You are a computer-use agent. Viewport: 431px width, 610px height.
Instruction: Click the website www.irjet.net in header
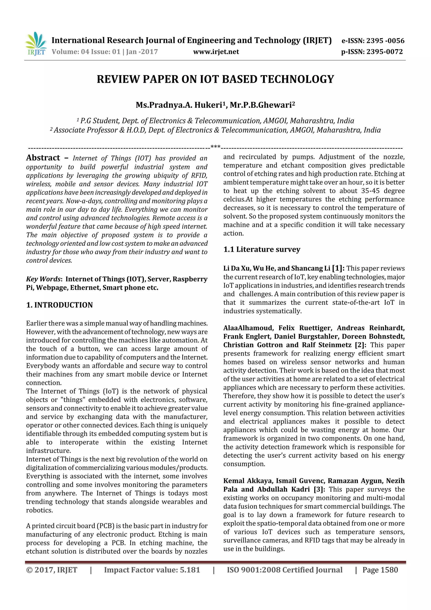(x=216, y=52)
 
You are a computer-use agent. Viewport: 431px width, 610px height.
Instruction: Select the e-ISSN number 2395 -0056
(x=385, y=41)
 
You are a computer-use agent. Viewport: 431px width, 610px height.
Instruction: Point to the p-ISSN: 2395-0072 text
(x=372, y=52)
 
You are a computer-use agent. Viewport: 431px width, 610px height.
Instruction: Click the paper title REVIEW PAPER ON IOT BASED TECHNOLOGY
(x=215, y=79)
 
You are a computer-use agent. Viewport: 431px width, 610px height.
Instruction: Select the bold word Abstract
(x=43, y=158)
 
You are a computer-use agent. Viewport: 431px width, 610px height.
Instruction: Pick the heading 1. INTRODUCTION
(x=60, y=305)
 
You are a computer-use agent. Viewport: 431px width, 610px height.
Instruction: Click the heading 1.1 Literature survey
(x=262, y=249)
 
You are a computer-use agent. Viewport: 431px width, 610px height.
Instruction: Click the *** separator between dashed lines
(x=215, y=147)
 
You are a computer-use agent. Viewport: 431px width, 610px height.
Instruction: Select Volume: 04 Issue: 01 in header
(x=86, y=52)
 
